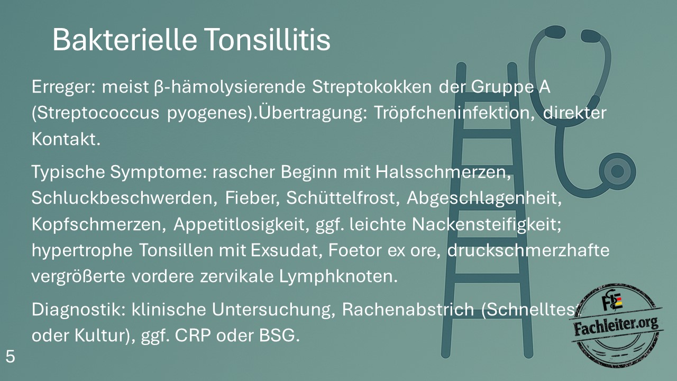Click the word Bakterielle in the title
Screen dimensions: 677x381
tap(125, 40)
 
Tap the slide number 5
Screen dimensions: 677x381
tap(10, 357)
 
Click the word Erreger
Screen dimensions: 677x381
tap(63, 88)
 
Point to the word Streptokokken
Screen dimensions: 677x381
tap(372, 87)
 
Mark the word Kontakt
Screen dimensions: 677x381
tap(66, 139)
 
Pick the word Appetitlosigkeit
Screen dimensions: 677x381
tap(242, 225)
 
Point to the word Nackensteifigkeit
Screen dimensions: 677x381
tap(487, 225)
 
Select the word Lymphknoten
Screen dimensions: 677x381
tap(338, 277)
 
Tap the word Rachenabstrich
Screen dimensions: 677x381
tap(408, 310)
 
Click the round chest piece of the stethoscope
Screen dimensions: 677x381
tap(617, 171)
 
